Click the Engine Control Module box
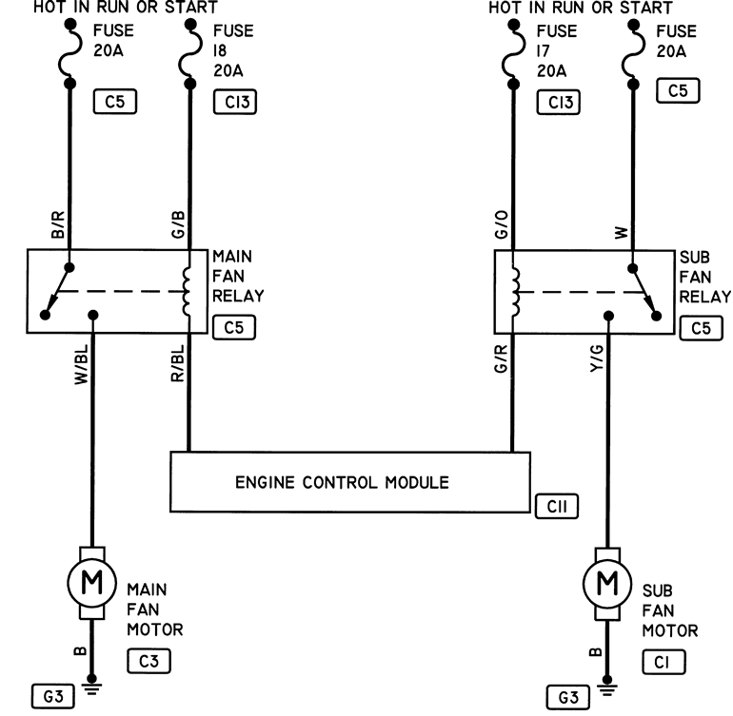350,482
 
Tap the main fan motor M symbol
91,583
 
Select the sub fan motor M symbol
607,584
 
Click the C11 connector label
556,506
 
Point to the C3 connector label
149,661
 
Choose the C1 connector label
664,663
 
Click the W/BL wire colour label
81,365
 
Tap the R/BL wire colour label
178,363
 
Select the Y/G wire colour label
597,358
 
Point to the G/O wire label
501,224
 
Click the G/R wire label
501,358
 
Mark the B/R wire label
57,224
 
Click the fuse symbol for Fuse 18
190,53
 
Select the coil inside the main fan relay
187,292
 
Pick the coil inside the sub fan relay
516,292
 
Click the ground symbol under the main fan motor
91,686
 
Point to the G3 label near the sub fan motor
568,698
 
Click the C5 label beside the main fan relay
234,327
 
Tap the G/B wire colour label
178,224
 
